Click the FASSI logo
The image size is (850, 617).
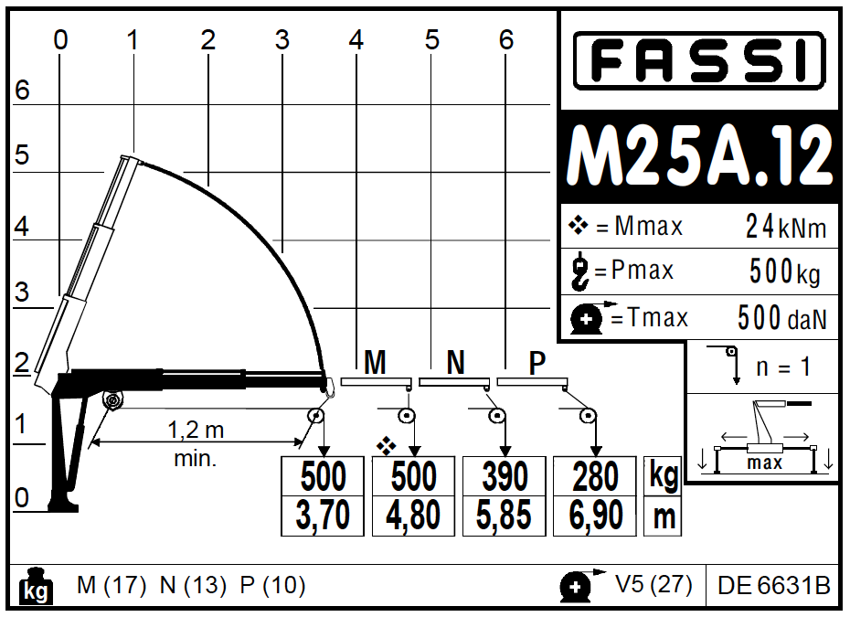click(699, 60)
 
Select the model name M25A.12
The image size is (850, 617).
click(699, 156)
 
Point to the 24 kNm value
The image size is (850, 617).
click(786, 227)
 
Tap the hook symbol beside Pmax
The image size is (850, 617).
click(580, 271)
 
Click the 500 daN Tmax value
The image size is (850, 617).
click(782, 318)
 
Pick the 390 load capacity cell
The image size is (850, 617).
click(505, 476)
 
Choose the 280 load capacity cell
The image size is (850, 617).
click(595, 476)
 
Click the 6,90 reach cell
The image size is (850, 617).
click(595, 516)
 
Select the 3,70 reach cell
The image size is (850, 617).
click(323, 516)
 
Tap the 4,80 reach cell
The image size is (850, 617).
click(413, 516)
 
